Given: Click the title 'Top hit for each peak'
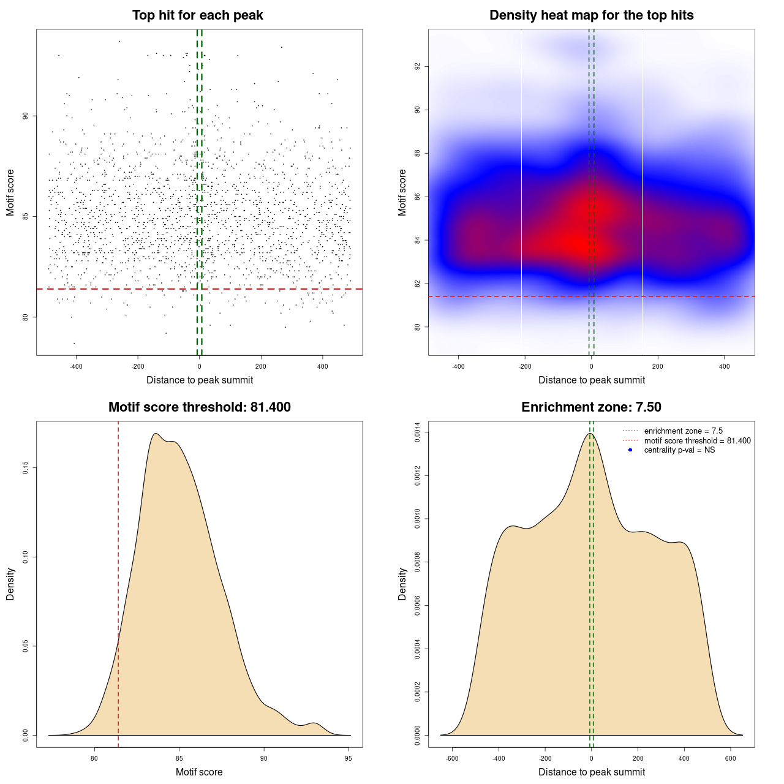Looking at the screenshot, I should (x=197, y=15).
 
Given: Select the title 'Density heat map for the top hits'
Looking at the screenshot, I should (x=591, y=15).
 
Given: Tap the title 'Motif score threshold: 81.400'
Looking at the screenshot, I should (x=199, y=407).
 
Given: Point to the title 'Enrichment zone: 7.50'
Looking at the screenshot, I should (x=591, y=407).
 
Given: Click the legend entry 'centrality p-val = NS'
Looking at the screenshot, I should (x=679, y=450).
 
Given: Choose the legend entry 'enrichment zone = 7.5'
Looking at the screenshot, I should (x=683, y=431).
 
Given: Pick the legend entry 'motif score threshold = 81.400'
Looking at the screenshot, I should (x=697, y=441).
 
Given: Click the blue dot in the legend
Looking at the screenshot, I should (x=630, y=450).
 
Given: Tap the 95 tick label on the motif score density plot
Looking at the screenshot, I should (x=349, y=758).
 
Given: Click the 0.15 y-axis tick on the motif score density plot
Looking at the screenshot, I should (x=26, y=468).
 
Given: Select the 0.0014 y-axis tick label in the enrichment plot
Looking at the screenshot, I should (x=418, y=432).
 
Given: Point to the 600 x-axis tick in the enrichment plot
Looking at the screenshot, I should (x=731, y=758).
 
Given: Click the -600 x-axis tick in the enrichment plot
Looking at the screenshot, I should (x=452, y=758).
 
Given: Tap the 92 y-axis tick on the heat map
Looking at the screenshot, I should (x=418, y=66).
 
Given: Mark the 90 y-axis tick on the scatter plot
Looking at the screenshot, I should (x=26, y=116).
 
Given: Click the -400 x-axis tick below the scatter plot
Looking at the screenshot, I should (x=76, y=366).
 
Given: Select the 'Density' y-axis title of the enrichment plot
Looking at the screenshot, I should (x=402, y=584).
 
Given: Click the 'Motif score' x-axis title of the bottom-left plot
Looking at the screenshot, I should (x=199, y=772).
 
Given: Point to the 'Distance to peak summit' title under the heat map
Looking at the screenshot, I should (x=591, y=380).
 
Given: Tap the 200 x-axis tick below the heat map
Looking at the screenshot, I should (x=658, y=366).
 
